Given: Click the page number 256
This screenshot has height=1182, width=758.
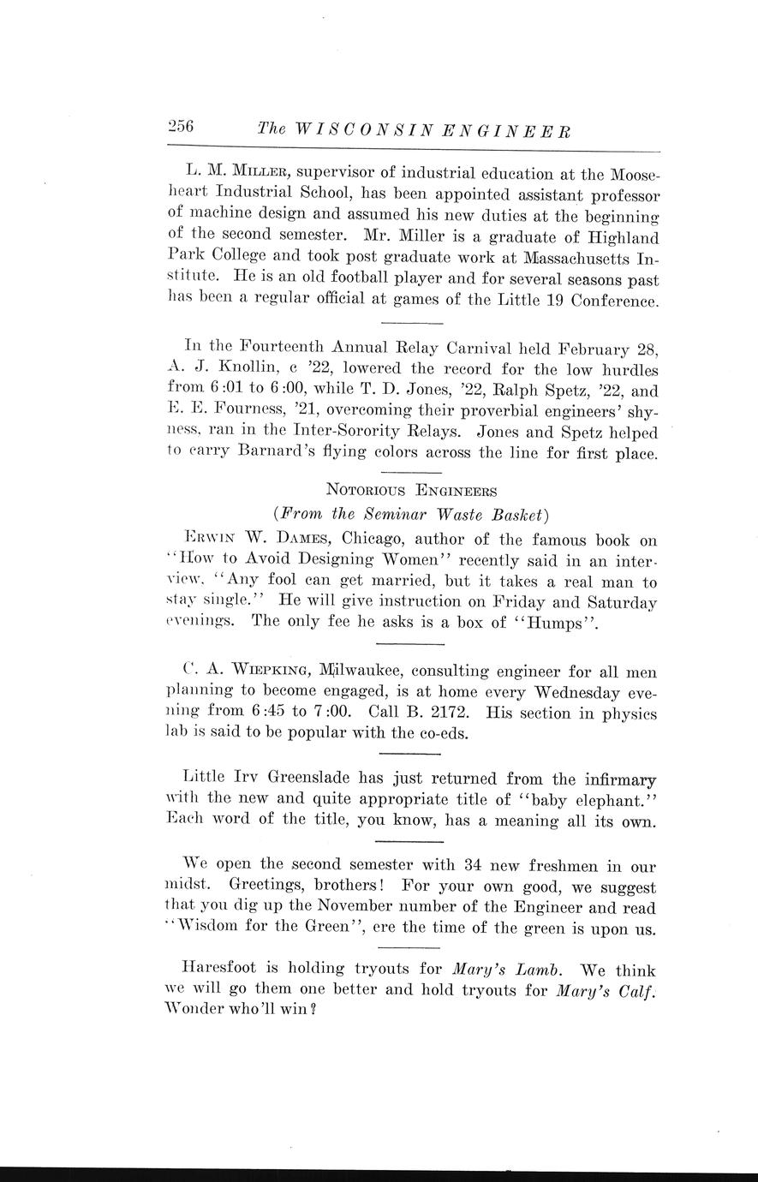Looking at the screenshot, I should coord(182,127).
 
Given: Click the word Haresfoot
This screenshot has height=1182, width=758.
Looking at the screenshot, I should coord(227,970).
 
